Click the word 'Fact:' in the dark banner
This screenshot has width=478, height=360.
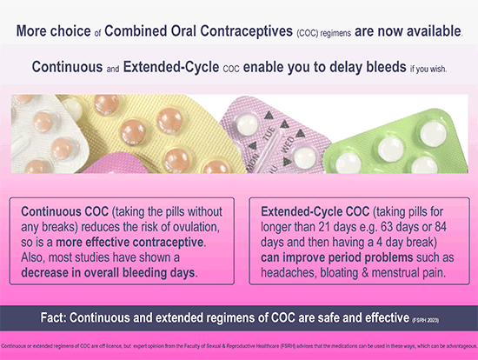pyautogui.click(x=90, y=316)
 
